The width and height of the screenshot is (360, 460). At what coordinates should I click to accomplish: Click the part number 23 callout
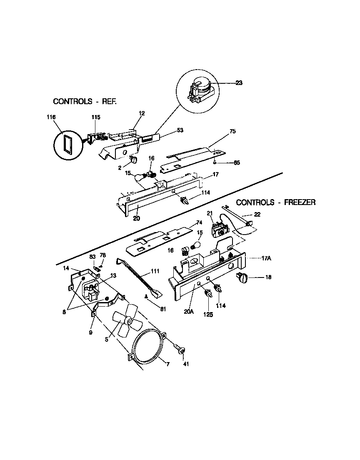coord(239,83)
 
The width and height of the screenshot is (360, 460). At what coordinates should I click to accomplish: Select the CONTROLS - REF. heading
coord(85,101)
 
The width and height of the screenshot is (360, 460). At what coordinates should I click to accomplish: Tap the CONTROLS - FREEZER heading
coord(276,202)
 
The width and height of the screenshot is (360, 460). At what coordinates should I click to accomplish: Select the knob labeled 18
coord(242,277)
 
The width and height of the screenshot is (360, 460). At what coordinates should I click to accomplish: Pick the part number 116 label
coord(51,118)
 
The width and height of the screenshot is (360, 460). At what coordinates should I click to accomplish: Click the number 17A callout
coord(266,258)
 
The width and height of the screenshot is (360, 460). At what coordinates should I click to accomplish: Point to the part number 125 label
coord(207,315)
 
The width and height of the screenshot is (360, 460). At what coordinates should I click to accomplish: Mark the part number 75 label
coord(232,131)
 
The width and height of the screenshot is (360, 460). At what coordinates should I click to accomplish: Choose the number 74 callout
coord(199,223)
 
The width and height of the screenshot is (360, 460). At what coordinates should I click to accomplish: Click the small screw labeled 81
coord(147,296)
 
